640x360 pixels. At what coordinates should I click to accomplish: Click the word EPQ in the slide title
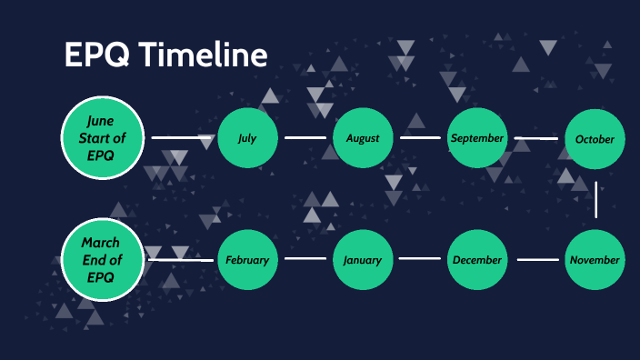pyautogui.click(x=93, y=55)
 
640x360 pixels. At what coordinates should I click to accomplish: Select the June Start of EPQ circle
pyautogui.click(x=101, y=138)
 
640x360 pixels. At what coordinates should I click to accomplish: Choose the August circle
pyautogui.click(x=363, y=138)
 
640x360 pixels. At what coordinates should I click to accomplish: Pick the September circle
pyautogui.click(x=477, y=138)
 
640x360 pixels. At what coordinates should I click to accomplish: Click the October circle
pyautogui.click(x=595, y=139)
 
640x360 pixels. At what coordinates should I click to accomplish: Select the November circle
pyautogui.click(x=595, y=260)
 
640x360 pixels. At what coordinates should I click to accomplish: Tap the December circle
pyautogui.click(x=477, y=260)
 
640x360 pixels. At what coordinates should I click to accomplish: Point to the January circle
pyautogui.click(x=363, y=260)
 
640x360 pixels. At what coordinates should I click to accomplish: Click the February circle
pyautogui.click(x=247, y=260)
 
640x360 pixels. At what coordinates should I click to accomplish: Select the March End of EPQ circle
pyautogui.click(x=101, y=260)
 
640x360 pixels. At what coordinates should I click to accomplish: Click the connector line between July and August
pyautogui.click(x=305, y=138)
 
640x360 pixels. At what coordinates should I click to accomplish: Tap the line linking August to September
pyautogui.click(x=420, y=138)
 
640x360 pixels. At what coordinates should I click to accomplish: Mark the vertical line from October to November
pyautogui.click(x=596, y=199)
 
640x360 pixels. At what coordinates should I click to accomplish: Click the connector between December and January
pyautogui.click(x=420, y=259)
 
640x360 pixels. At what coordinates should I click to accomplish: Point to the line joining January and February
pyautogui.click(x=305, y=259)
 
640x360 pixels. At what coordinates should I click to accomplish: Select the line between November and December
pyautogui.click(x=539, y=259)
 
